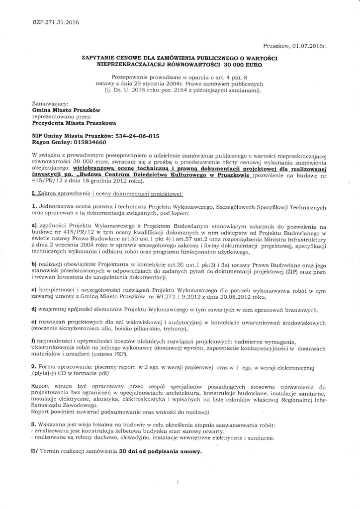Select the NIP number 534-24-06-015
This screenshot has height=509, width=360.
[x=133, y=135]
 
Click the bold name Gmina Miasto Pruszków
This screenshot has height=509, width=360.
[x=66, y=109]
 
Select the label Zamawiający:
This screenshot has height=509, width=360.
[x=49, y=103]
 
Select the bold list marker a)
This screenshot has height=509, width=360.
[x=34, y=226]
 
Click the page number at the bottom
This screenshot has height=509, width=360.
[x=178, y=483]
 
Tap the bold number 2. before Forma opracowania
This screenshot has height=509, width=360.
[x=34, y=366]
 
